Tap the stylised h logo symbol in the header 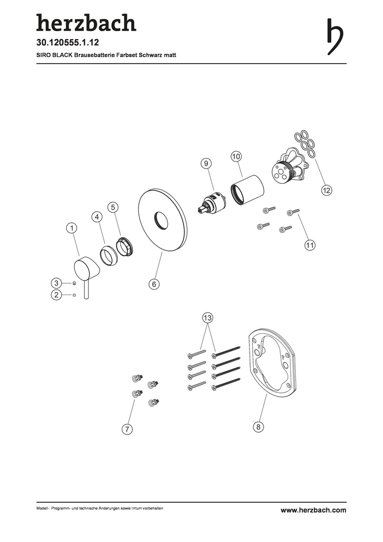point(335,37)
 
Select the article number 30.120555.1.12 point(68,43)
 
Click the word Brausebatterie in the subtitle point(91,55)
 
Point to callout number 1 point(72,228)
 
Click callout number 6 point(154,284)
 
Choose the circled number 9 point(206,163)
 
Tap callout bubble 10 point(236,156)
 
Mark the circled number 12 point(326,190)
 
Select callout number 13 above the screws point(208,318)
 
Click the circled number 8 point(258,427)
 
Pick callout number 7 point(127,429)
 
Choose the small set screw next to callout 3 point(74,284)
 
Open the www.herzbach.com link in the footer point(313,510)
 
